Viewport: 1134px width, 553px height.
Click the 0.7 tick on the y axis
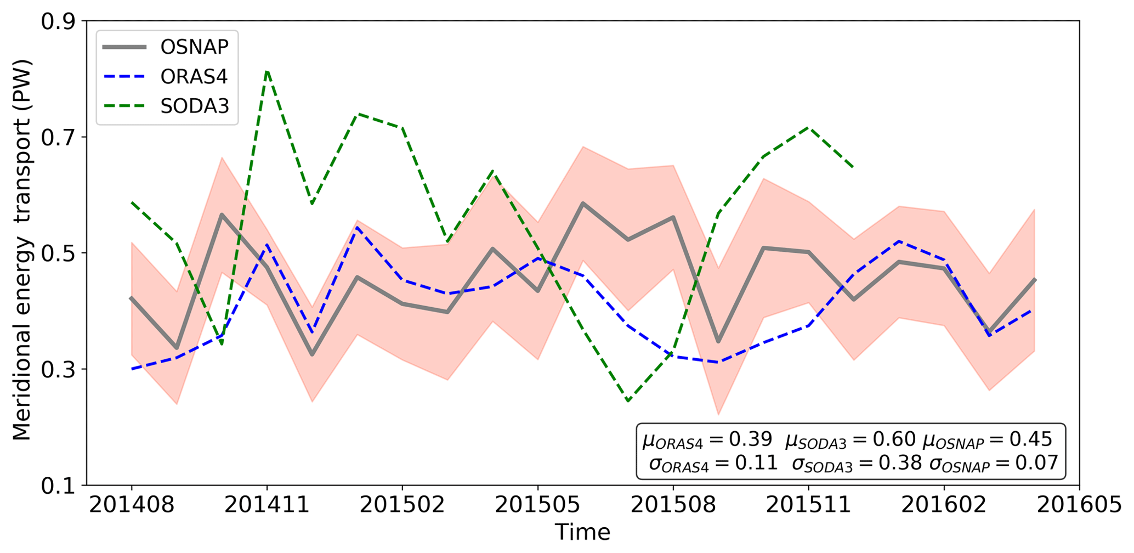point(60,137)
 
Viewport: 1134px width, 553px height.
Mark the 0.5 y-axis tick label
point(60,253)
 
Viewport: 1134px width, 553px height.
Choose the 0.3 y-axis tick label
point(60,369)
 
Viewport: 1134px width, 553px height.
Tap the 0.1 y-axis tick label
point(60,486)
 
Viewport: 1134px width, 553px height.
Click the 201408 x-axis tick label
point(132,505)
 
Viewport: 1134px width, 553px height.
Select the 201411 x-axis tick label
point(267,505)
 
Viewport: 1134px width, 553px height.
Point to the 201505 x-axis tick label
point(538,505)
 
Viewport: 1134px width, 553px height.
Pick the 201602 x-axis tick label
point(944,505)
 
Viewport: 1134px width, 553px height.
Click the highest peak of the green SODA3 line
point(267,71)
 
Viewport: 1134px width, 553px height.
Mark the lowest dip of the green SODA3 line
point(628,401)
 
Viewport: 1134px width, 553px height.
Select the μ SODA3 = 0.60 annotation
point(850,439)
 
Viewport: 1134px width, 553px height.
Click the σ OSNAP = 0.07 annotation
point(994,464)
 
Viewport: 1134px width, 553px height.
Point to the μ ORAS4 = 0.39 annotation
point(707,439)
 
